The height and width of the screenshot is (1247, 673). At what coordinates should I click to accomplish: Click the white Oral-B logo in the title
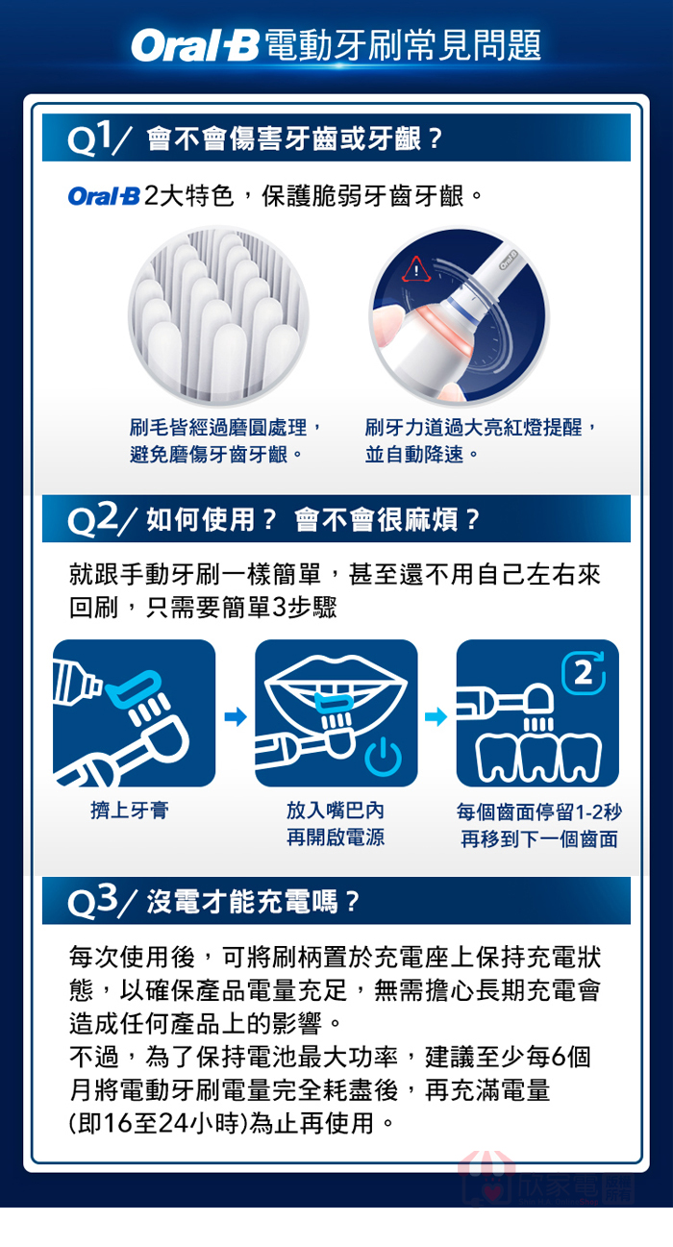tap(195, 45)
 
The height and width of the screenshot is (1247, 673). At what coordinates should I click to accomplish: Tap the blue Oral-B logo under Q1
tap(104, 195)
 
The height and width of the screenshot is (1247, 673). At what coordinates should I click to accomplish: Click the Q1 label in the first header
tap(94, 138)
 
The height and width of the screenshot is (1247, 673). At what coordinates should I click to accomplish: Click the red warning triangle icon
tap(416, 269)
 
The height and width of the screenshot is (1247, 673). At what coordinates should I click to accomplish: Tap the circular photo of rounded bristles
tap(218, 315)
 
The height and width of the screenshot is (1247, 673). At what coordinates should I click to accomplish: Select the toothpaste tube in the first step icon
tap(76, 682)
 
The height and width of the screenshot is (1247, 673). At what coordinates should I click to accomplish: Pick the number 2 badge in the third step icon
tap(584, 673)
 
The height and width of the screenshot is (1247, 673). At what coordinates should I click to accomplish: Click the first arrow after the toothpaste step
tap(236, 716)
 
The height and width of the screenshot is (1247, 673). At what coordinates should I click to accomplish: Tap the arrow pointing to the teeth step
tap(436, 716)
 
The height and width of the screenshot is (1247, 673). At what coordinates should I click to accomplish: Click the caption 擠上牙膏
tap(130, 810)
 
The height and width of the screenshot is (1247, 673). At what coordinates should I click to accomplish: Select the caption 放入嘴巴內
tap(336, 810)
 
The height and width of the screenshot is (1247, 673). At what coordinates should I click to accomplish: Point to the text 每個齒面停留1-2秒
tap(538, 811)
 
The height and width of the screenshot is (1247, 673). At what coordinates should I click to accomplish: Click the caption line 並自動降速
tap(414, 454)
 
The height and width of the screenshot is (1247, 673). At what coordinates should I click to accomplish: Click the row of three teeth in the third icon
tap(538, 758)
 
